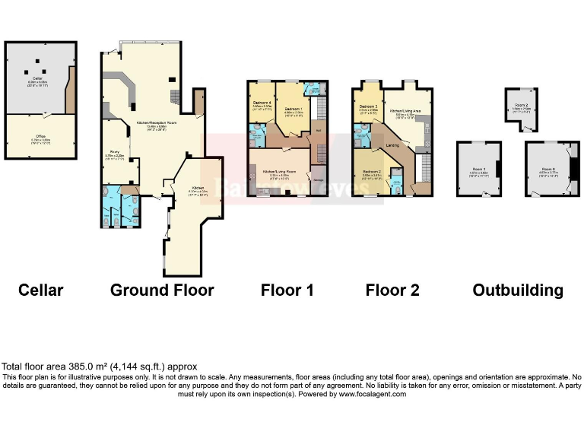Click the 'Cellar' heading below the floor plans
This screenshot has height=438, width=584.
coord(41,290)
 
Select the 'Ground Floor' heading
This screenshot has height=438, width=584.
coord(162,290)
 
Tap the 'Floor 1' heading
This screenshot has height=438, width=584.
coord(287,290)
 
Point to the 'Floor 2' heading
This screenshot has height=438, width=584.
coord(392,290)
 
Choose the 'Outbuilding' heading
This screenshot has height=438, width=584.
coord(518,290)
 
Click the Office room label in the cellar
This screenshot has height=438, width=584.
coord(40,137)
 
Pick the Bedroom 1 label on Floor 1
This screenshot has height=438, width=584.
coord(294,109)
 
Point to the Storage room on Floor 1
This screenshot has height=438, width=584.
coord(319,179)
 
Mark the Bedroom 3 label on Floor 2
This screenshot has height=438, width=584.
coord(368,106)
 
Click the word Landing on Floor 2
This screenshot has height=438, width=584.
coord(392,144)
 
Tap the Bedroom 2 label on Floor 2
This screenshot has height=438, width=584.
coord(372,173)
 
